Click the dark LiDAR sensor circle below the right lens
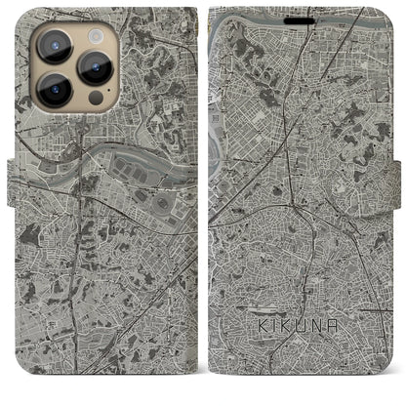pos(95,99)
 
